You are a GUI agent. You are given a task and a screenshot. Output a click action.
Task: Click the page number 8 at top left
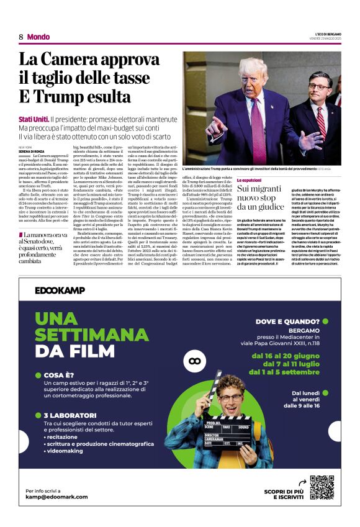point(20,37)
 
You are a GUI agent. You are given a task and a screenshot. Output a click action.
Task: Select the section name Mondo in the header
point(38,37)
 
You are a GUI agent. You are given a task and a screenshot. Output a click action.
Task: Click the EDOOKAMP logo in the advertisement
point(60,291)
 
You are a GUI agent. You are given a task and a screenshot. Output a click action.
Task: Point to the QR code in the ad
point(322,487)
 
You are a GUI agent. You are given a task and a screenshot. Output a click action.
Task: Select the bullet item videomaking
point(66,453)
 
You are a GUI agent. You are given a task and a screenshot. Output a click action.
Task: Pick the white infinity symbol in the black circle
point(196,361)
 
